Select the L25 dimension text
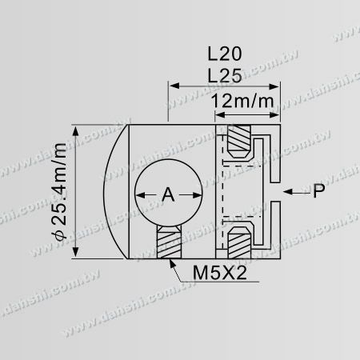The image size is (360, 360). pyautogui.click(x=225, y=74)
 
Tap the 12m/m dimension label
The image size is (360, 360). pyautogui.click(x=246, y=102)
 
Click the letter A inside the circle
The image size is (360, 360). pyautogui.click(x=167, y=194)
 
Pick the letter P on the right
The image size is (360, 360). pyautogui.click(x=319, y=192)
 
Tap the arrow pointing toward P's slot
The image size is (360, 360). pyautogui.click(x=291, y=192)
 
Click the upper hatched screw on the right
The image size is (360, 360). pyautogui.click(x=237, y=145)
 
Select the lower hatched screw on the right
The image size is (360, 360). pyautogui.click(x=237, y=238)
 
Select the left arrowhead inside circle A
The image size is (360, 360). pyautogui.click(x=138, y=194)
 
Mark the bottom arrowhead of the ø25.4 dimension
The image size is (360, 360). pyautogui.click(x=78, y=255)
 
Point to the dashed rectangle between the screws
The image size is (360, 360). pyautogui.click(x=238, y=192)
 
